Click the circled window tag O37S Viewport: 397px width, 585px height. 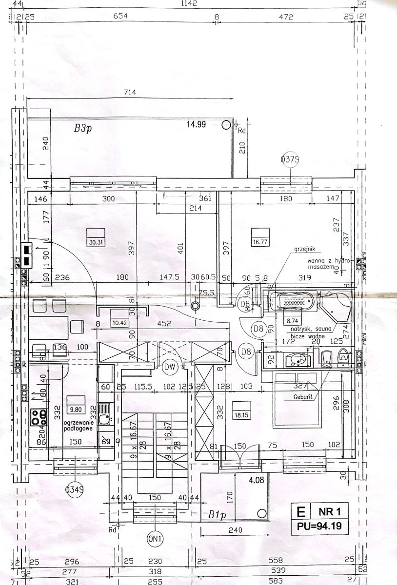(x=290, y=159)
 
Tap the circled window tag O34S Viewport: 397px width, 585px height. (x=76, y=488)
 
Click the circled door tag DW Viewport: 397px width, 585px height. (x=170, y=367)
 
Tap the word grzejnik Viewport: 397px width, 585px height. (x=305, y=249)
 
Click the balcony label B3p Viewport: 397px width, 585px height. (x=83, y=129)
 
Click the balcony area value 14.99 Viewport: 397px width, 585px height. (x=197, y=124)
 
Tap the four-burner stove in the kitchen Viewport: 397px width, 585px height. (x=40, y=417)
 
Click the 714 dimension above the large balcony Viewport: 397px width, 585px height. (x=130, y=92)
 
